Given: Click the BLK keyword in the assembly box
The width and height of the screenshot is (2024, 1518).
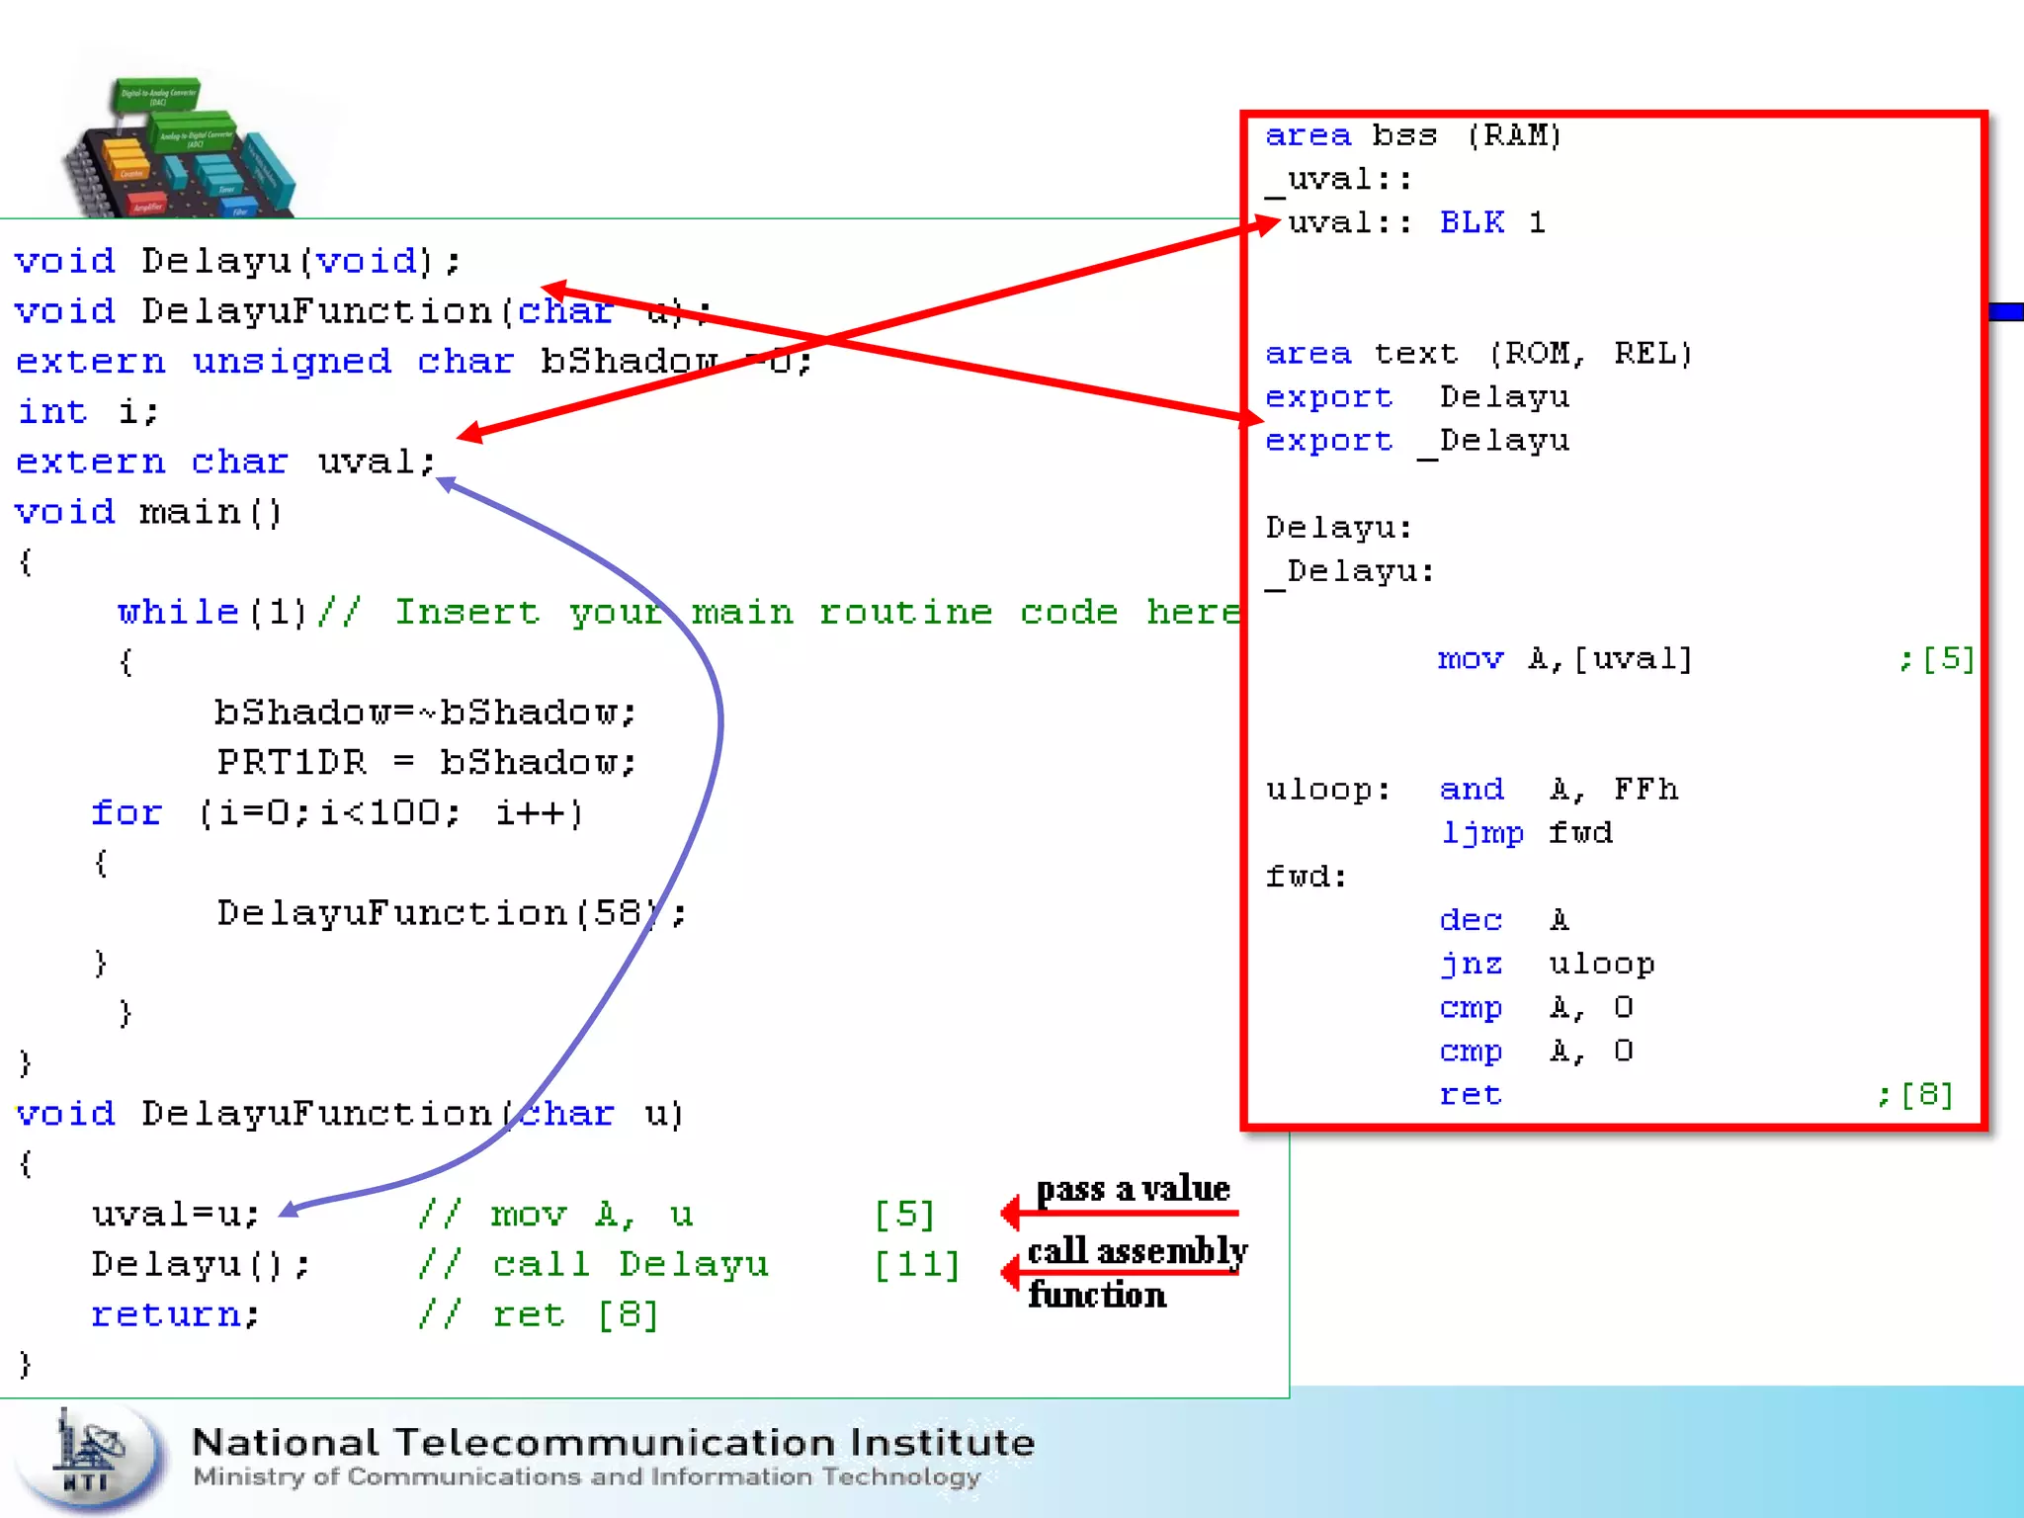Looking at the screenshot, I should point(1472,222).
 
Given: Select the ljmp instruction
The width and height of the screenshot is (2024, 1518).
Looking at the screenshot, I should point(1481,833).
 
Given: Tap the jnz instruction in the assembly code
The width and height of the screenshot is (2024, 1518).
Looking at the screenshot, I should point(1471,964).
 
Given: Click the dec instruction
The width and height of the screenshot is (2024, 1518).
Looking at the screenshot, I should point(1471,920).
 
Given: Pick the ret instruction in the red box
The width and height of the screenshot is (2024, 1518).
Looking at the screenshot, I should point(1471,1095).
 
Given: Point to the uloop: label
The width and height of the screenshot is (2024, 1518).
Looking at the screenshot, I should point(1327,790).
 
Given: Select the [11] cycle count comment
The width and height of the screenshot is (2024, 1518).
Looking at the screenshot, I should point(917,1265).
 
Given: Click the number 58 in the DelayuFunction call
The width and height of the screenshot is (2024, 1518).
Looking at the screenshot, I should point(617,913).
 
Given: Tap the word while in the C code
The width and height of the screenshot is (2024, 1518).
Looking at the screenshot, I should point(178,613).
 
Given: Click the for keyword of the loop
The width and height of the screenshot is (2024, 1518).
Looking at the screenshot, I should point(126,813).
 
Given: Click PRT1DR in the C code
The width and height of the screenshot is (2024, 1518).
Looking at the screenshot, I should point(292,763).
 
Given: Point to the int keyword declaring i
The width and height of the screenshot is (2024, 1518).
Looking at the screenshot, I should point(52,412).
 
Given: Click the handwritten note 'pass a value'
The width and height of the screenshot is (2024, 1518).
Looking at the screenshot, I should point(1133,1189).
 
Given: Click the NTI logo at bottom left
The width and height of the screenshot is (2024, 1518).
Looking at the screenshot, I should point(91,1459).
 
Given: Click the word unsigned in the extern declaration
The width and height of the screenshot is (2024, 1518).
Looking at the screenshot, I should point(292,362).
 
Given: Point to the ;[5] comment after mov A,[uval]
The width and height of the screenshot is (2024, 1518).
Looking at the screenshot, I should point(1936,659).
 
